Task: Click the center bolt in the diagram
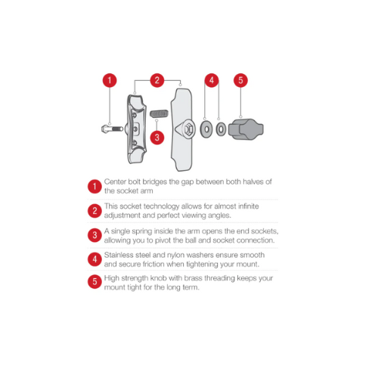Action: (111, 128)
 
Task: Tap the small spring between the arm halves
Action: (157, 114)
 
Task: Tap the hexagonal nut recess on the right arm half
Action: (184, 129)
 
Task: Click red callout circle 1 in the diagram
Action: (110, 80)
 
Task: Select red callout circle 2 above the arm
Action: (157, 80)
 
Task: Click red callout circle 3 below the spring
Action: (156, 138)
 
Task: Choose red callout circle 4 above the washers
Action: (212, 80)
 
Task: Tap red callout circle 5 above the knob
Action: (240, 80)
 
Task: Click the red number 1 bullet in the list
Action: (94, 187)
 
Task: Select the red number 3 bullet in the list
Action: (94, 235)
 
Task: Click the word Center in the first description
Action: (116, 182)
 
